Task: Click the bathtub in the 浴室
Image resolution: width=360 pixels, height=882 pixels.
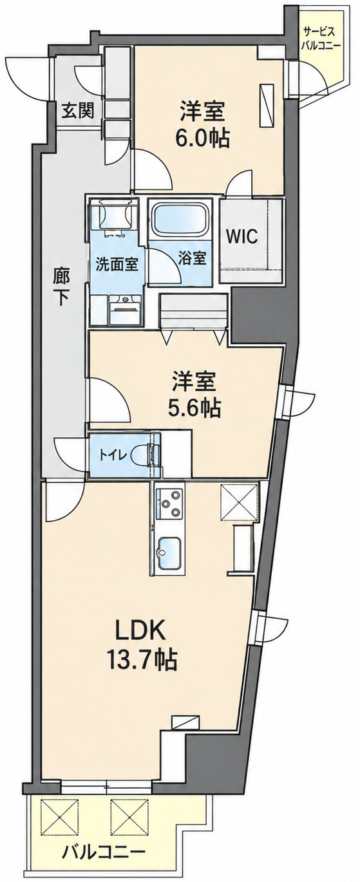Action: [x=180, y=220]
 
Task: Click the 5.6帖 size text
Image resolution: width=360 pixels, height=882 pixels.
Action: [x=194, y=408]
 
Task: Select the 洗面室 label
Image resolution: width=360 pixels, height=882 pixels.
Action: [x=117, y=264]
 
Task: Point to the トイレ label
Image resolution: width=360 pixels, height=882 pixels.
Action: [x=113, y=456]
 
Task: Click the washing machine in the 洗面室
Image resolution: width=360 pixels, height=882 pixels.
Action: [x=114, y=216]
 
